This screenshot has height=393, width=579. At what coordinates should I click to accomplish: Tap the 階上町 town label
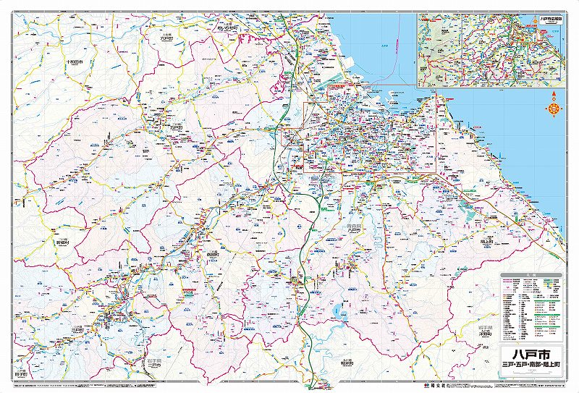(x=487, y=244)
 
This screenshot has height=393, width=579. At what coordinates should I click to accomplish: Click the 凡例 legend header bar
(x=533, y=276)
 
